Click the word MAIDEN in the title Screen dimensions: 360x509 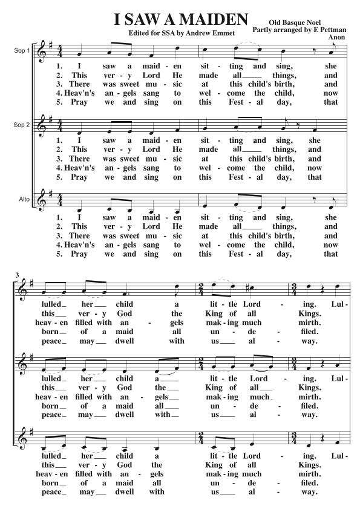[205, 19]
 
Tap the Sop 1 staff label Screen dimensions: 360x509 [22, 50]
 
